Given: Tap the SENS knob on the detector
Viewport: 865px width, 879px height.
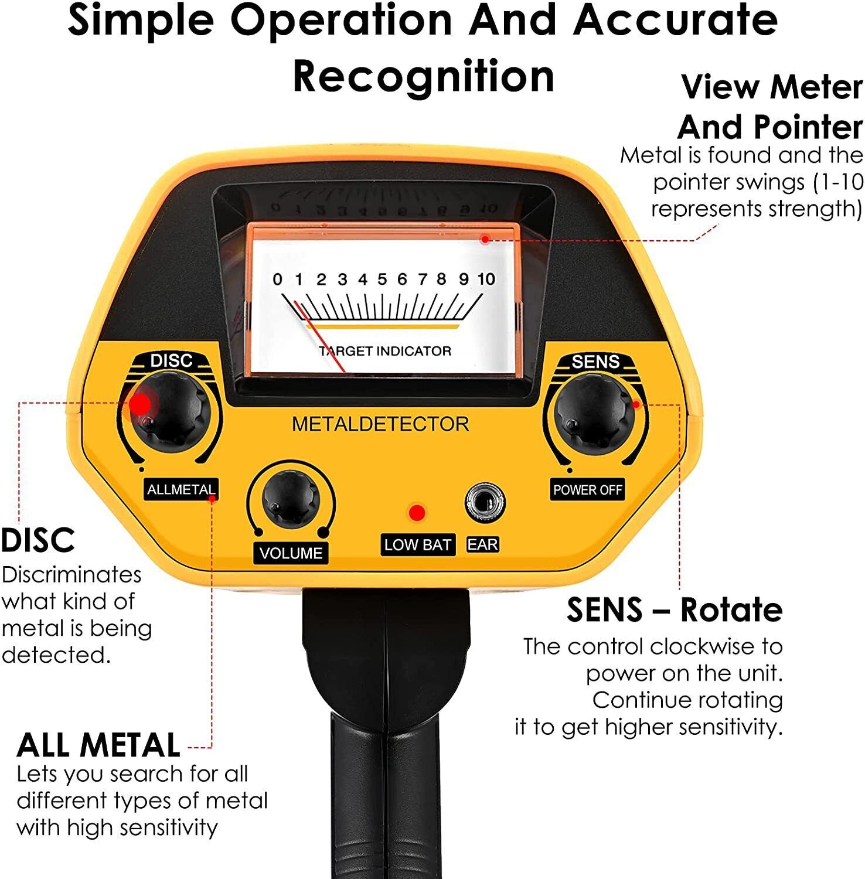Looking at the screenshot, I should pyautogui.click(x=594, y=411).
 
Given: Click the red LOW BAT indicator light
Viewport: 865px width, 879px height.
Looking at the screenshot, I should pyautogui.click(x=417, y=513).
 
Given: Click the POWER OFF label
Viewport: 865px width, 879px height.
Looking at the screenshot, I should pyautogui.click(x=587, y=490).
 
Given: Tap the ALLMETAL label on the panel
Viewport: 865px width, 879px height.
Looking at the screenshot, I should pyautogui.click(x=181, y=489).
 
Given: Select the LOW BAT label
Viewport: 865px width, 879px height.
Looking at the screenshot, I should pyautogui.click(x=417, y=545).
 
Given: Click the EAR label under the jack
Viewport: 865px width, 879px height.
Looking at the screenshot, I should pyautogui.click(x=482, y=545).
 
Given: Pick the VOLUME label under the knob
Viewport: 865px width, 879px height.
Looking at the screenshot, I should pyautogui.click(x=291, y=553).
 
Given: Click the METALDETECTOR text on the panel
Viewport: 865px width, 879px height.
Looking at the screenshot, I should pyautogui.click(x=380, y=424).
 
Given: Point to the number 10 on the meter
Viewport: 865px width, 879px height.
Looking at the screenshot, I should pyautogui.click(x=486, y=280).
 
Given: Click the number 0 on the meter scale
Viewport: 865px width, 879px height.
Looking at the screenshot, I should pyautogui.click(x=277, y=280).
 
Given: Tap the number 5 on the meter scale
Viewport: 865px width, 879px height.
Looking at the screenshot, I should pyautogui.click(x=382, y=280).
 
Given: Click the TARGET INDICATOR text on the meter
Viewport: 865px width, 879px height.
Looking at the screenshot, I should pyautogui.click(x=385, y=351).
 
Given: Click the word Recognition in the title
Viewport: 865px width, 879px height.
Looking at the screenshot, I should pyautogui.click(x=423, y=76).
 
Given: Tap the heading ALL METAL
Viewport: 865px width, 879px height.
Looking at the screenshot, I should pyautogui.click(x=98, y=745).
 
